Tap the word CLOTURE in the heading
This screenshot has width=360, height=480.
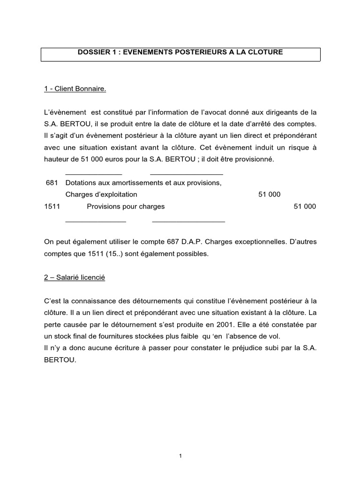click(x=266, y=52)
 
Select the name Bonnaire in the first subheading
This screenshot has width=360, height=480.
click(x=90, y=89)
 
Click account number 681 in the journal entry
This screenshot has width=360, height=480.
click(x=51, y=183)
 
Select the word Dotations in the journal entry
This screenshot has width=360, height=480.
click(x=81, y=183)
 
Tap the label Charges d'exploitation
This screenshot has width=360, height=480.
click(x=101, y=194)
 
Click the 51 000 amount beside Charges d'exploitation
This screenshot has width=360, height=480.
click(x=270, y=194)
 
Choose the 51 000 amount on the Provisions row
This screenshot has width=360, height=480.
click(x=305, y=206)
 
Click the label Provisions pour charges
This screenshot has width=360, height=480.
click(x=126, y=206)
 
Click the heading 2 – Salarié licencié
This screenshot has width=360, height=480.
click(x=75, y=277)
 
